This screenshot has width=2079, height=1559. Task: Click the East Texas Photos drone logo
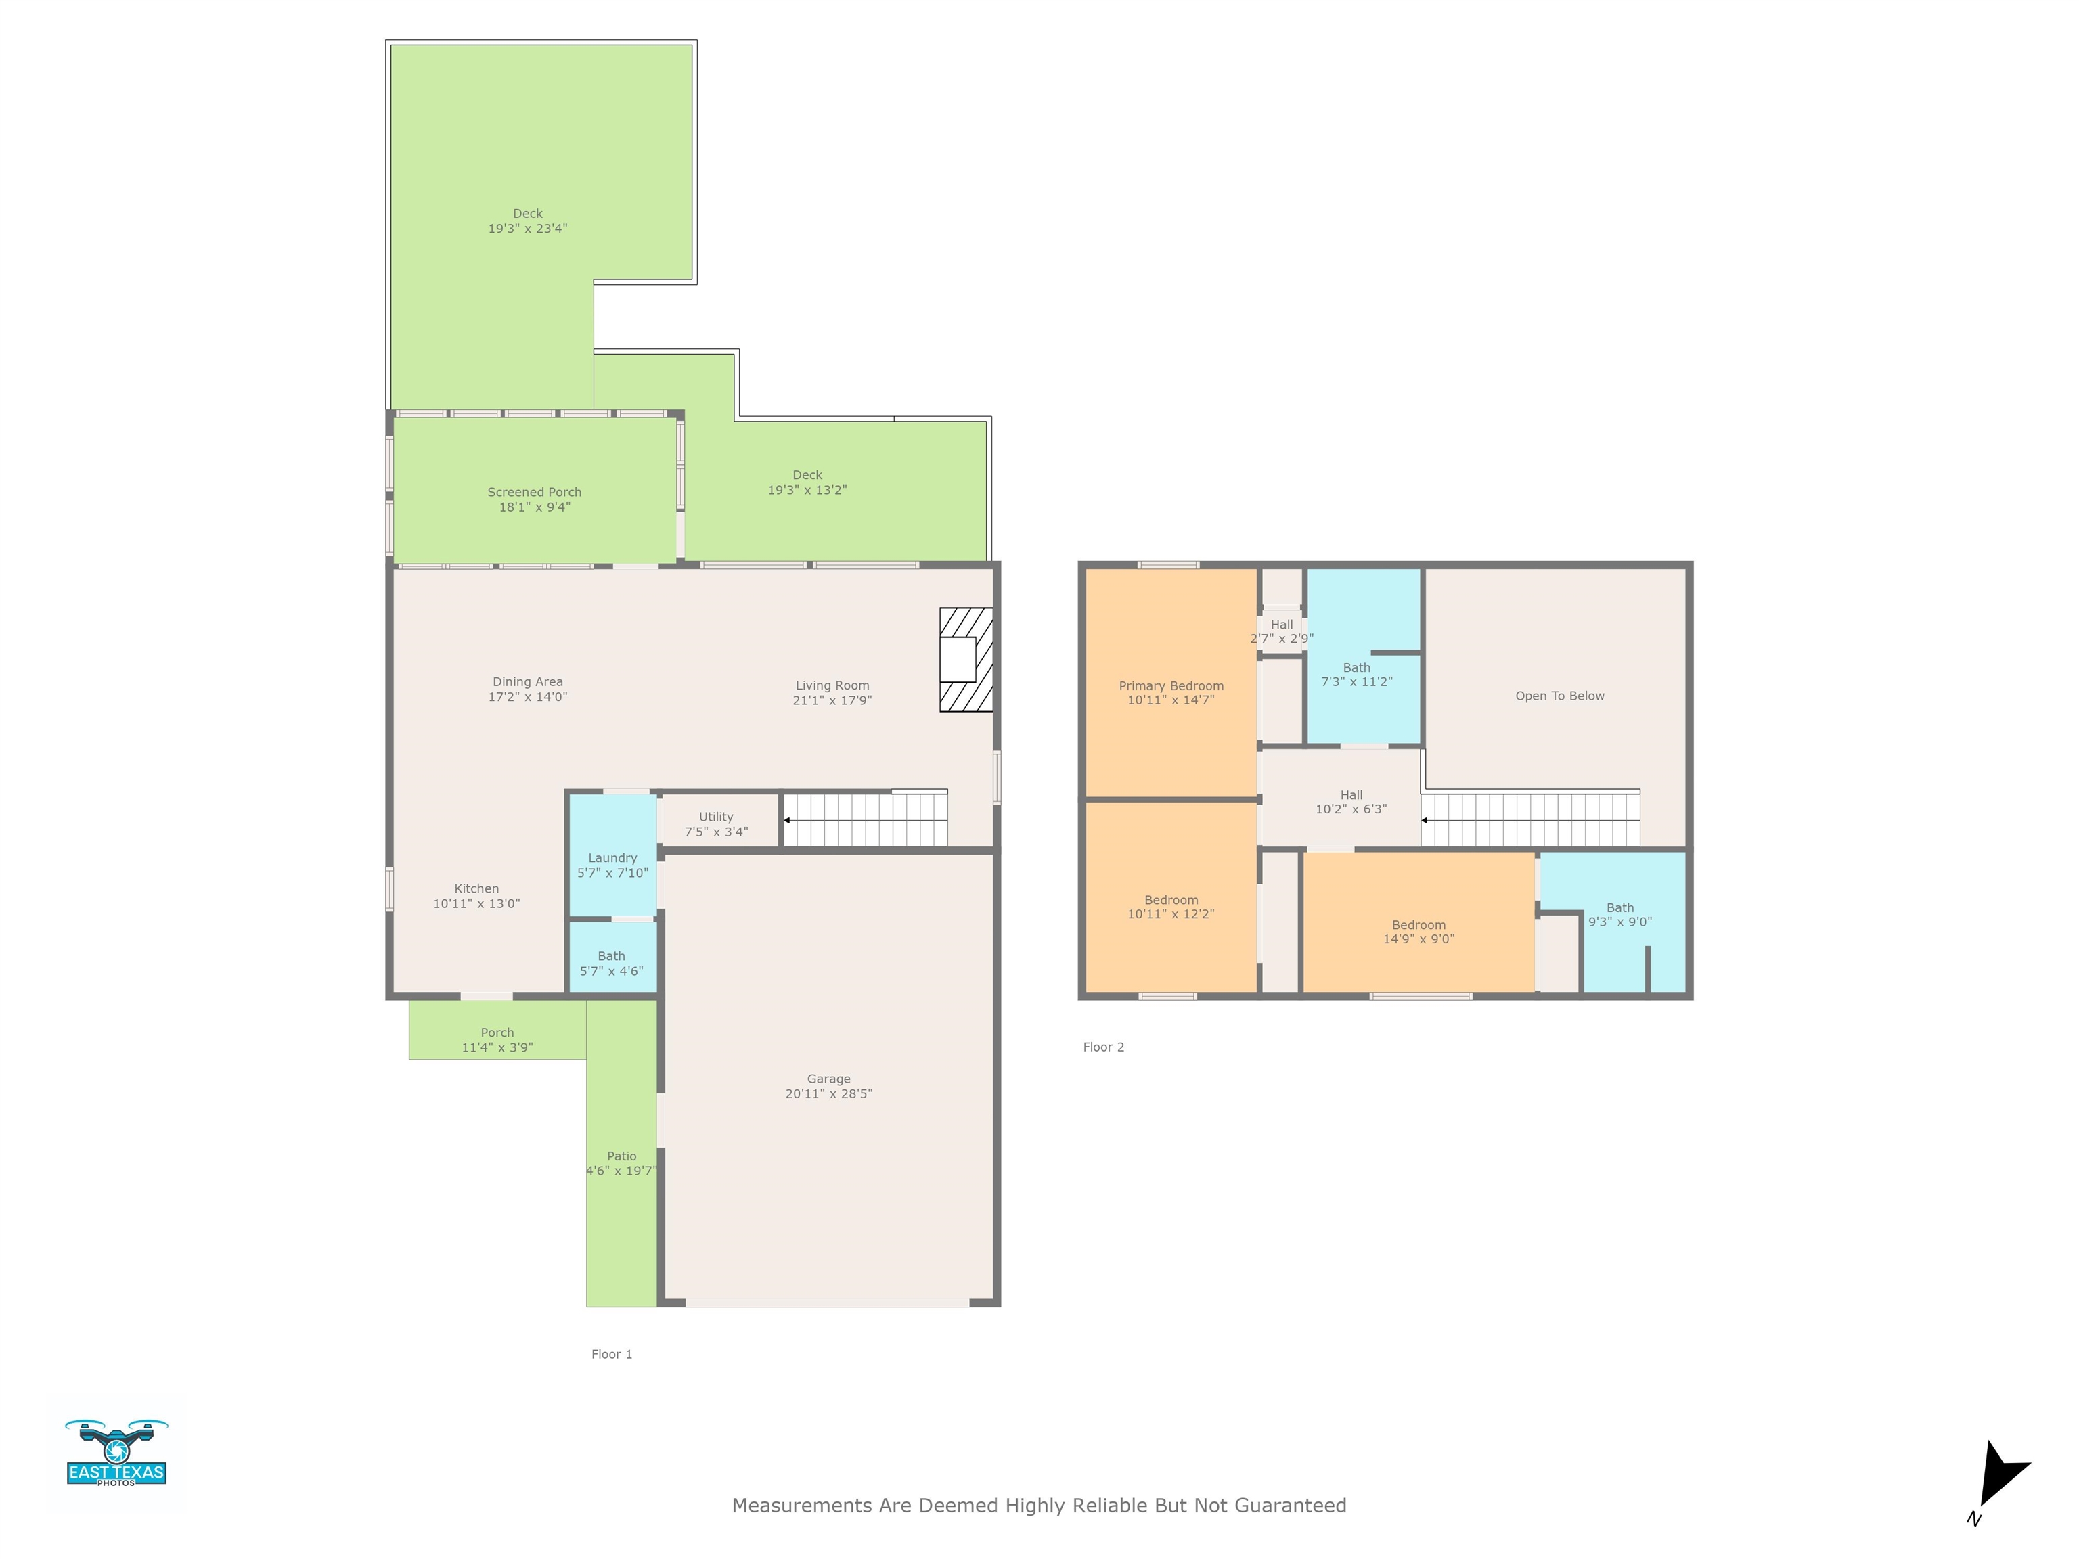[116, 1453]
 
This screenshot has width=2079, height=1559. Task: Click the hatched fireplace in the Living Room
[966, 660]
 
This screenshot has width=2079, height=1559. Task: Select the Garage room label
[828, 1079]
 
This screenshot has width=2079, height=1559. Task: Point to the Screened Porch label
[534, 491]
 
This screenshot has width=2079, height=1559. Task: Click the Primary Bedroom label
[1171, 686]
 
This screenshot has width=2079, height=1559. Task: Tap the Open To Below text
[1559, 696]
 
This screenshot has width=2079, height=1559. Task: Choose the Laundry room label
[612, 858]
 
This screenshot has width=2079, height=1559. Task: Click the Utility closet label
[716, 817]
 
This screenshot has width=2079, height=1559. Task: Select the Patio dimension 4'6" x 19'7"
[621, 1171]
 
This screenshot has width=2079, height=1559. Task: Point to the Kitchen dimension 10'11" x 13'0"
[476, 903]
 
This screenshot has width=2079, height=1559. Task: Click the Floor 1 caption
[612, 1354]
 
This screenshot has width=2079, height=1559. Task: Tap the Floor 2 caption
[1103, 1047]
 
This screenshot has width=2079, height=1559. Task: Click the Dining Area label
[527, 682]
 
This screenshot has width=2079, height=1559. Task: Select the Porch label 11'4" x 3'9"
[497, 1040]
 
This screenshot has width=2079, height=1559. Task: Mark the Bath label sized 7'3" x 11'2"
[1356, 675]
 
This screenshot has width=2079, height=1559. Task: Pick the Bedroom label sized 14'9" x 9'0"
[1418, 931]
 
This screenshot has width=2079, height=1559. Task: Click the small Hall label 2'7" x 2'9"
[1282, 631]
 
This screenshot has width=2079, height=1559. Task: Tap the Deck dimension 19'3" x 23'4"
[527, 228]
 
